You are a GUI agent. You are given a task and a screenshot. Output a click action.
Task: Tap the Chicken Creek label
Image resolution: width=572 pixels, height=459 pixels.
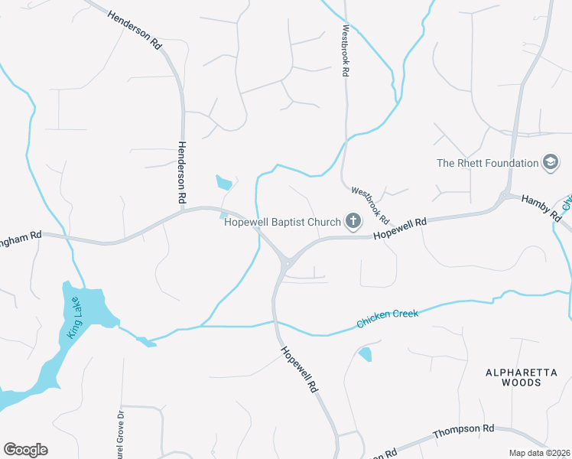388,320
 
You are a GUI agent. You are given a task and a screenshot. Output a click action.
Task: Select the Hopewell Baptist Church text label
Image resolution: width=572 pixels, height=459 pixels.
282,223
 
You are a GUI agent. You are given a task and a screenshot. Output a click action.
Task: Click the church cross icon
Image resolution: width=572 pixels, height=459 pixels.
353,222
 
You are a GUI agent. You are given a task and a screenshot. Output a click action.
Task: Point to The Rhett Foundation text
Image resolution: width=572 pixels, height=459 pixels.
488,163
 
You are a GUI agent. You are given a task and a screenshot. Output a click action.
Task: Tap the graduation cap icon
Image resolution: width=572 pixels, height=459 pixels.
551,162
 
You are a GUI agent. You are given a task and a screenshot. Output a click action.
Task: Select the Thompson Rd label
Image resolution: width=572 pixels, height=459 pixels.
463,432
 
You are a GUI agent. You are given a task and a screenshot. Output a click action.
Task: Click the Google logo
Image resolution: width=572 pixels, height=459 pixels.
25,450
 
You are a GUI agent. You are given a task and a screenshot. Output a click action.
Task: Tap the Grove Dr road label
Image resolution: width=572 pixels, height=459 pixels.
119,428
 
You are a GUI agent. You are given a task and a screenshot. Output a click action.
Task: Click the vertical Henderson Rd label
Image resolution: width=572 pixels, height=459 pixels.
182,172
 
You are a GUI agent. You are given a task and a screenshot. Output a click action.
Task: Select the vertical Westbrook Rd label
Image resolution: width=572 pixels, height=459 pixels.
346,50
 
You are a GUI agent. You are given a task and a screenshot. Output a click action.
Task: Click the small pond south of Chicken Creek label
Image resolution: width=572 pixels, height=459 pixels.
366,353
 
